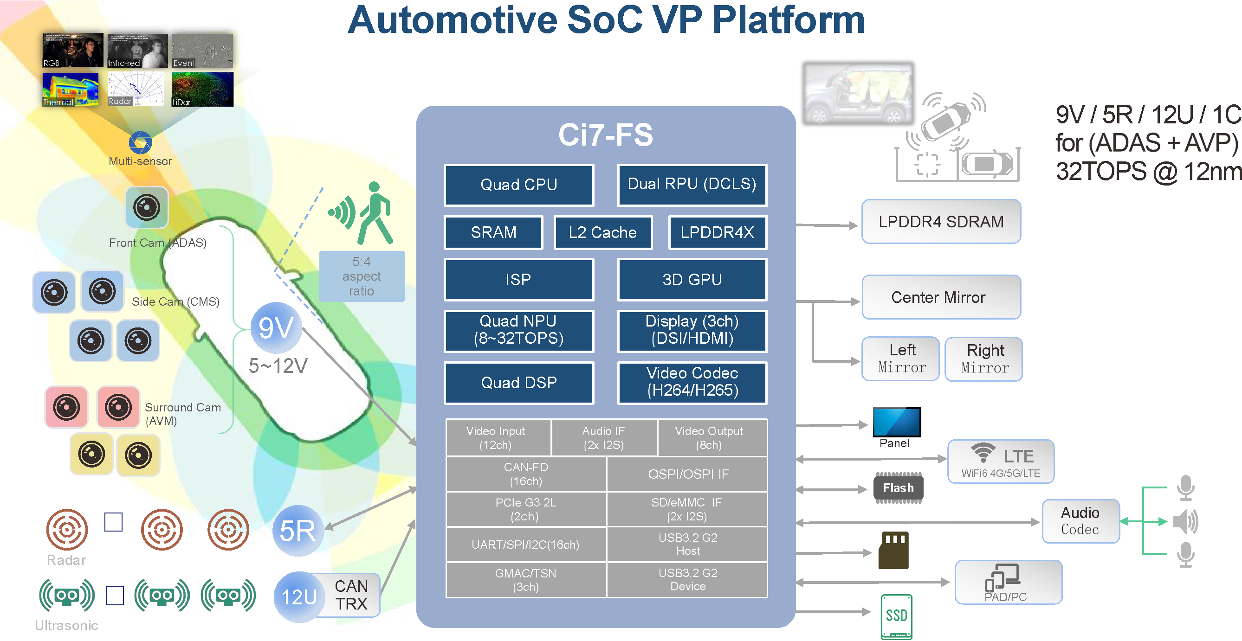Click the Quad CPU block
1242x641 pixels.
(x=519, y=185)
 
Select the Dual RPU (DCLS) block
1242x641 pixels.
(x=692, y=185)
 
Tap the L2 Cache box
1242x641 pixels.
(x=603, y=232)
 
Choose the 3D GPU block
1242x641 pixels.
(x=692, y=280)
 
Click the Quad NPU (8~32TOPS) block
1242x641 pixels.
(x=519, y=331)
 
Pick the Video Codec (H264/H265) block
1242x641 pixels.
(x=692, y=382)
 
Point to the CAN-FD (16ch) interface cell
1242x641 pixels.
(x=525, y=474)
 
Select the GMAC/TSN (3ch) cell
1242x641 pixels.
(x=525, y=580)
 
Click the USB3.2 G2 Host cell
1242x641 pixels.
(x=687, y=544)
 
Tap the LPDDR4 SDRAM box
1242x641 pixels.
(x=941, y=222)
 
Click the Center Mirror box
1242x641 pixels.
(x=941, y=297)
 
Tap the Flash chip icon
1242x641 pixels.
(x=898, y=488)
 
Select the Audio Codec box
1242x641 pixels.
(x=1080, y=521)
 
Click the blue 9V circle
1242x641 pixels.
(x=276, y=328)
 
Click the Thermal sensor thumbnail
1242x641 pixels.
(x=71, y=90)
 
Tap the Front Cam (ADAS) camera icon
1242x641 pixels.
(x=147, y=208)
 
